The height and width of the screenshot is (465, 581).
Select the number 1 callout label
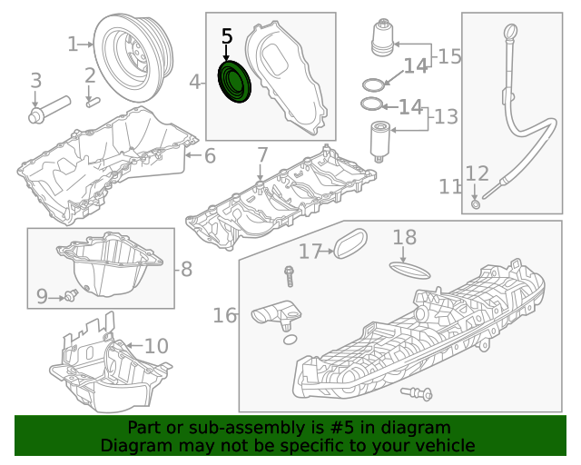coord(73,44)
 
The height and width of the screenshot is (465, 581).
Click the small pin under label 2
coord(91,102)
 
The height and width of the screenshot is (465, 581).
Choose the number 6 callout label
coord(210,156)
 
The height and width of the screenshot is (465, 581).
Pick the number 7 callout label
coord(262,155)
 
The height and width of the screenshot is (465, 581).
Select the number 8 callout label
coord(186,269)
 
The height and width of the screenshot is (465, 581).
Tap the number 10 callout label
coord(156,346)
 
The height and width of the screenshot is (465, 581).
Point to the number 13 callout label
coord(446,116)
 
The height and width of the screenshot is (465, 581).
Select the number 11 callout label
coord(450,187)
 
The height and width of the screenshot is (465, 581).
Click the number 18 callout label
coord(405,238)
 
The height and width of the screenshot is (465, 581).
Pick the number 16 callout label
coord(225,315)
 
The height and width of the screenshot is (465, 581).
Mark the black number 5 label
coord(227,36)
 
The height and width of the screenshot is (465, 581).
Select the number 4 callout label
coord(195,83)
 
